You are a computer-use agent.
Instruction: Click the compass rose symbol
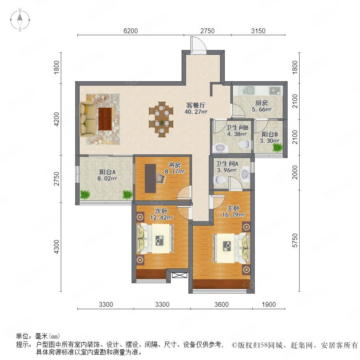[20, 20]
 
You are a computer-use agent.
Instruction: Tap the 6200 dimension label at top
[130, 31]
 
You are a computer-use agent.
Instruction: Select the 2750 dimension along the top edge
[207, 31]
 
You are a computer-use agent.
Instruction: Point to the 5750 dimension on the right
[295, 240]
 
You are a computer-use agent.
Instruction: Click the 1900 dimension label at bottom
[269, 304]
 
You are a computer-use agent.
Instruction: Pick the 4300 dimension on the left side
[56, 247]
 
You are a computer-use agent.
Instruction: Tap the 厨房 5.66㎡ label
[262, 106]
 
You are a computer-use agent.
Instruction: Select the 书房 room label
[174, 165]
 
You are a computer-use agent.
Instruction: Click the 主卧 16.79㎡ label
[233, 212]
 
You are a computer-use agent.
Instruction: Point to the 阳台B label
[270, 134]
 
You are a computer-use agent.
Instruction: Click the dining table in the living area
[162, 119]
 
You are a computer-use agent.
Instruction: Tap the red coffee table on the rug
[105, 119]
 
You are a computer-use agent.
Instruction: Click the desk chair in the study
[160, 178]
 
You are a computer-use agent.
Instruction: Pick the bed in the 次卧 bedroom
[155, 238]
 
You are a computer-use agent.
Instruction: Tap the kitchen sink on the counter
[248, 90]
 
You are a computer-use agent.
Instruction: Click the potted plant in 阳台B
[277, 147]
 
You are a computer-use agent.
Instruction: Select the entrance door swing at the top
[198, 45]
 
